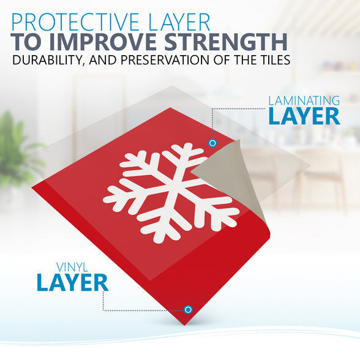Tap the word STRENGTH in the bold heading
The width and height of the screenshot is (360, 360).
click(x=226, y=42)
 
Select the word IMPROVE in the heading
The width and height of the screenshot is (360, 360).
click(x=105, y=42)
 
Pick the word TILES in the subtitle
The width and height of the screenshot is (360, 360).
click(x=273, y=60)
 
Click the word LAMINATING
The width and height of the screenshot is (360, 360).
click(x=304, y=101)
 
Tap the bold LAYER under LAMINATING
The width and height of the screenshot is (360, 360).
click(x=304, y=116)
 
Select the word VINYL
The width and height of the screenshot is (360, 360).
click(x=72, y=268)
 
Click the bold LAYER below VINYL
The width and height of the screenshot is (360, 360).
click(x=72, y=282)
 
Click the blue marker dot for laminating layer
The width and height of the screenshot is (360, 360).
click(x=212, y=143)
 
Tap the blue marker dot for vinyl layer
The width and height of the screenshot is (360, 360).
click(x=188, y=310)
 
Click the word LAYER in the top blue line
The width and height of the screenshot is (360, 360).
click(x=179, y=22)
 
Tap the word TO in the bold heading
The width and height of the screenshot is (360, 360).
click(x=28, y=42)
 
